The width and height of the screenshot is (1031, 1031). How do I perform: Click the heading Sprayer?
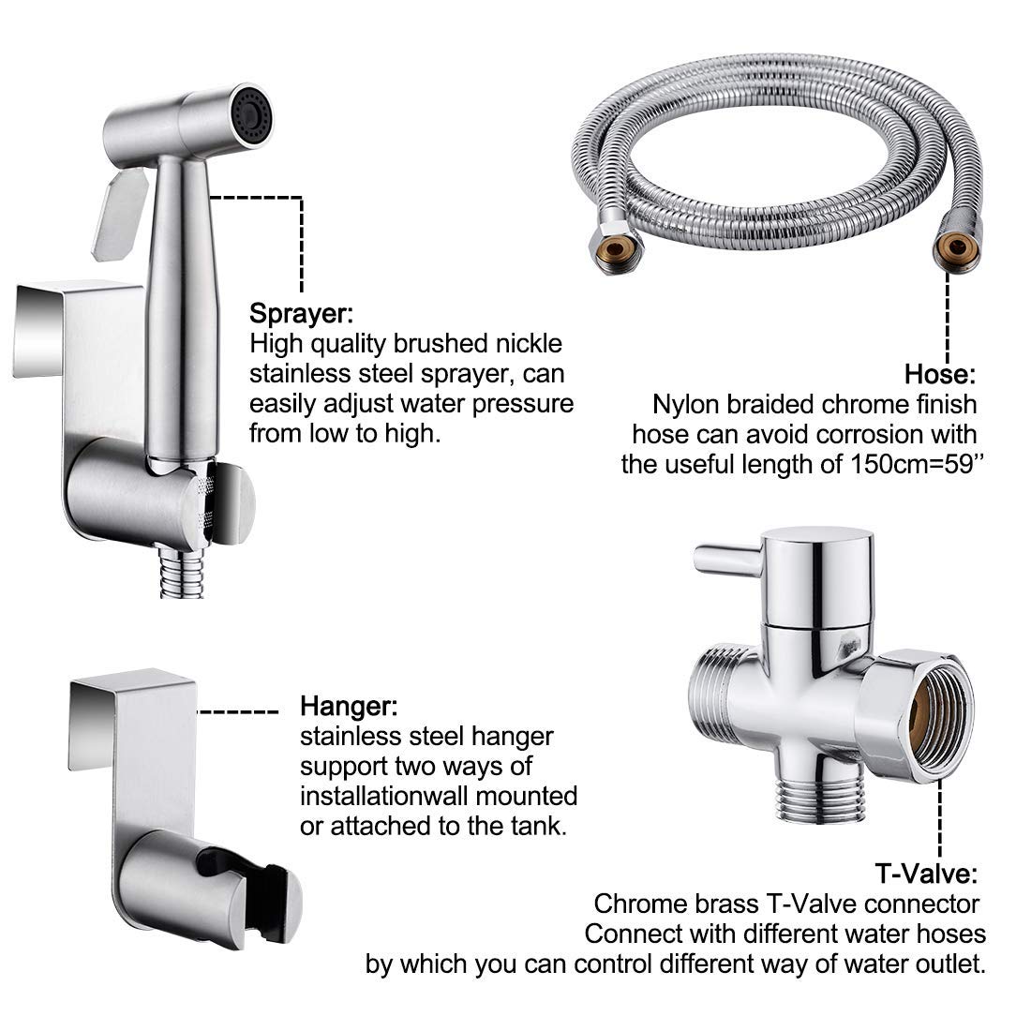click(x=301, y=311)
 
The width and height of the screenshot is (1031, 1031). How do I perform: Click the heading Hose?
click(x=939, y=375)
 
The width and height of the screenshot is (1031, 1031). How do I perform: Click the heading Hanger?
click(x=348, y=704)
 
